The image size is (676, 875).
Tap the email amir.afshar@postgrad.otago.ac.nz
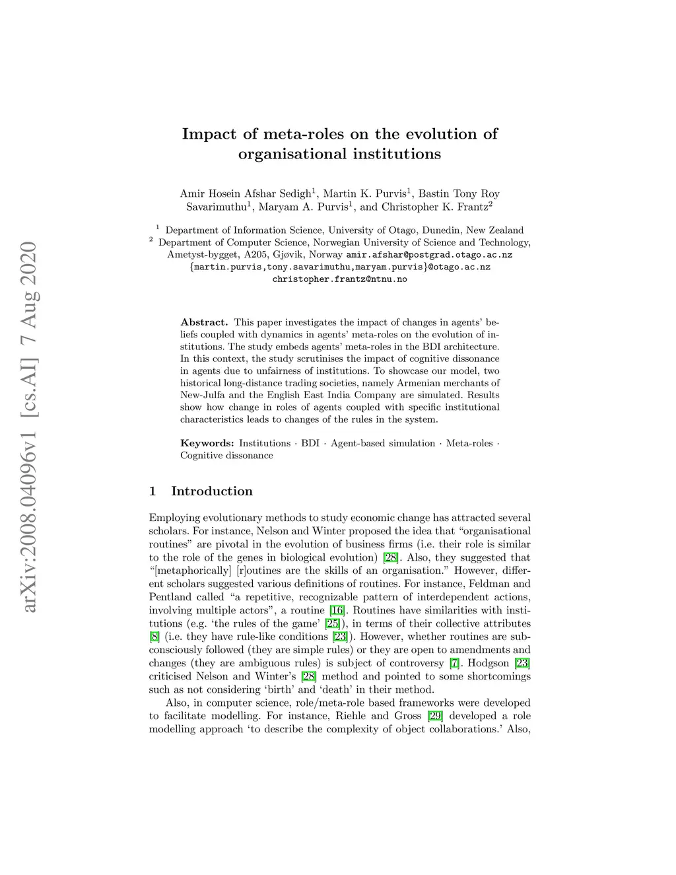click(x=429, y=254)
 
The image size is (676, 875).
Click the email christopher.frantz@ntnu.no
click(x=339, y=279)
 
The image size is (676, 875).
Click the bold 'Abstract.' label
click(x=204, y=322)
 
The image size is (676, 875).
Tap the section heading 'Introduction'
click(x=211, y=491)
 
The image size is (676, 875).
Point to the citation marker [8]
click(x=154, y=637)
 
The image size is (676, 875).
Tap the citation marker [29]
click(x=435, y=716)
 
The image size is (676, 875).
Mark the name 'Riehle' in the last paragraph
click(x=351, y=716)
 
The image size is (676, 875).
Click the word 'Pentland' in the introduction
click(x=169, y=597)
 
